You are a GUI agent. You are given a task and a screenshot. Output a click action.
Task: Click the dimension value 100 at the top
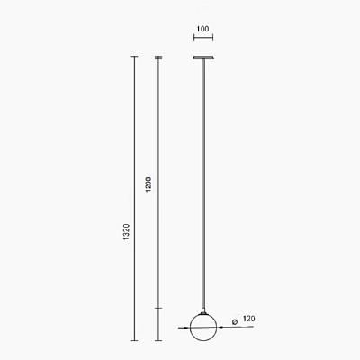click(203, 29)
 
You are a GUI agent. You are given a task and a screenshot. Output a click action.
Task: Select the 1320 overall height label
click(126, 231)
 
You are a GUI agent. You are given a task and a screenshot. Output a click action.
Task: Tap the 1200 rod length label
click(148, 184)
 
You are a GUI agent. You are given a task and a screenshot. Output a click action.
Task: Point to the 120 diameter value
click(249, 319)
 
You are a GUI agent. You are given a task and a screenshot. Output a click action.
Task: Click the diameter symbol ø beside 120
click(235, 322)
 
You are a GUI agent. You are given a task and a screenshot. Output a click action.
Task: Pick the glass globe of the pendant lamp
click(203, 328)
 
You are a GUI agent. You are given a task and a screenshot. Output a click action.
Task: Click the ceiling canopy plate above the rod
click(203, 58)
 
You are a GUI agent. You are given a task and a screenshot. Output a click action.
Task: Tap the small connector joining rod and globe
click(203, 311)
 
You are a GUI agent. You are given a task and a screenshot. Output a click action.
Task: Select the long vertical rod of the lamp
click(203, 184)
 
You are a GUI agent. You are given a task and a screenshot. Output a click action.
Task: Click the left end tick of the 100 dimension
click(194, 38)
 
